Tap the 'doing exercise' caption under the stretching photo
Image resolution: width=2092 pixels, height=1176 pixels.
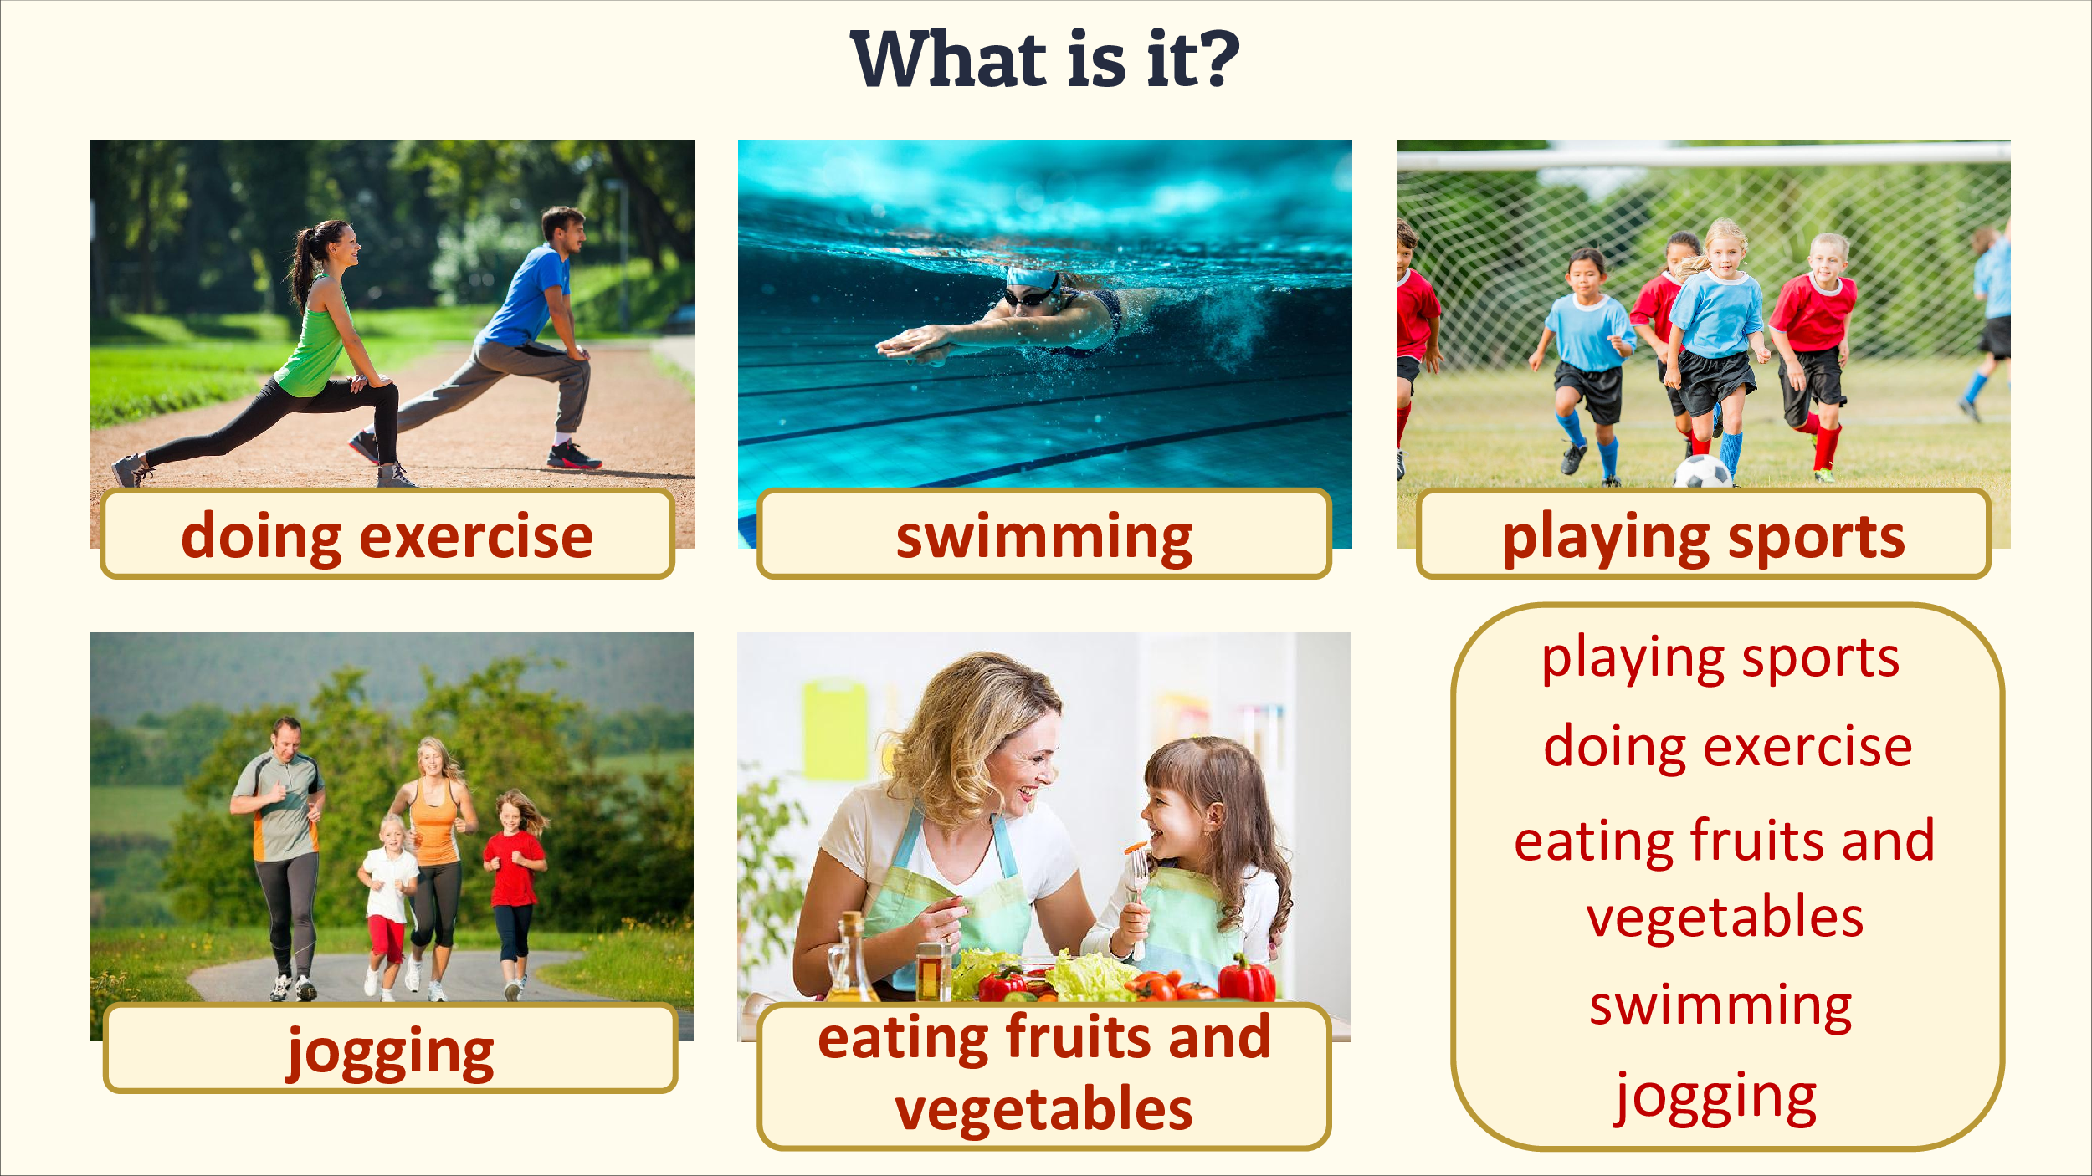[387, 536]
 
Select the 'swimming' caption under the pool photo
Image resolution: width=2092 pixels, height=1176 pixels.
[1044, 538]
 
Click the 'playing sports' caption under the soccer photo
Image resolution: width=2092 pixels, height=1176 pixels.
[1704, 538]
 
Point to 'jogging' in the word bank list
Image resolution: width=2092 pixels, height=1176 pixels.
[1715, 1097]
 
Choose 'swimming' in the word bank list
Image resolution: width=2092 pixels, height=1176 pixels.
[1720, 1005]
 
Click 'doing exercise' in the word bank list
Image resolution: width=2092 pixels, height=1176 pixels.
[1728, 746]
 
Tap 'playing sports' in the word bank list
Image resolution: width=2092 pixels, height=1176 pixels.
[1720, 659]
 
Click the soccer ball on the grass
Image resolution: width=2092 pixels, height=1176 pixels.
[1702, 472]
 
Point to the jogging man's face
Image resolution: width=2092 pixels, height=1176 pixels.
[287, 739]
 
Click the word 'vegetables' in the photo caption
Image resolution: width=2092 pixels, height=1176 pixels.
[1043, 1109]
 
